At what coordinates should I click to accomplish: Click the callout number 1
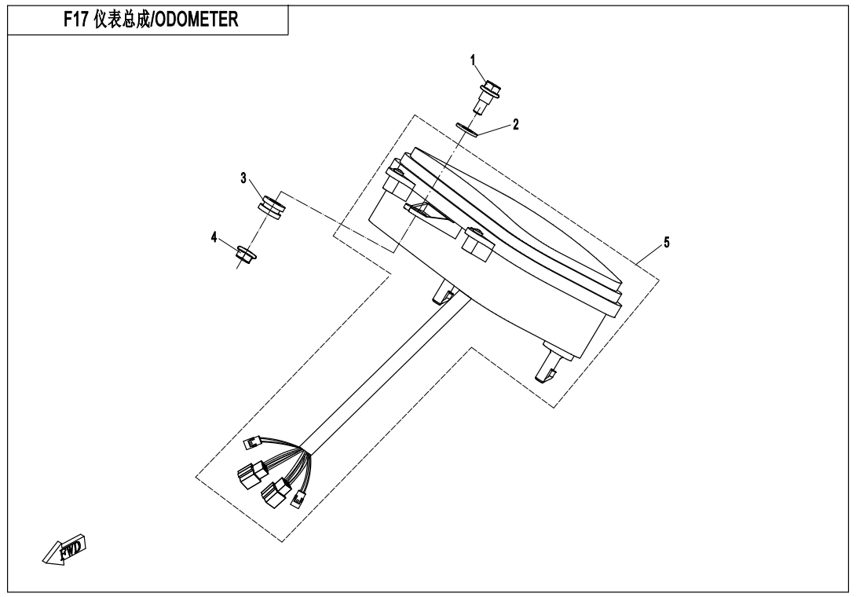[474, 60]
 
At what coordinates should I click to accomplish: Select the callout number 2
[515, 125]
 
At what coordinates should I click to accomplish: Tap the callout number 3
[243, 178]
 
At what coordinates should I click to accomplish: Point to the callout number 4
[214, 237]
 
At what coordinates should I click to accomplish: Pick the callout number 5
[667, 242]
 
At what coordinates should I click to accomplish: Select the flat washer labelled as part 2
[467, 130]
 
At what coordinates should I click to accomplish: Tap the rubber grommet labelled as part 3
[272, 207]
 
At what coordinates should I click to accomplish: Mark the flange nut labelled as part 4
[243, 253]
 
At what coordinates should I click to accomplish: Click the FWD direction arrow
[64, 549]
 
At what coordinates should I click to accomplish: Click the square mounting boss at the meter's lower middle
[478, 245]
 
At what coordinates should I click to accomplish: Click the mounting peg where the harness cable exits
[444, 291]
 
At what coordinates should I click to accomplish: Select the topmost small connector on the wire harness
[254, 442]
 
